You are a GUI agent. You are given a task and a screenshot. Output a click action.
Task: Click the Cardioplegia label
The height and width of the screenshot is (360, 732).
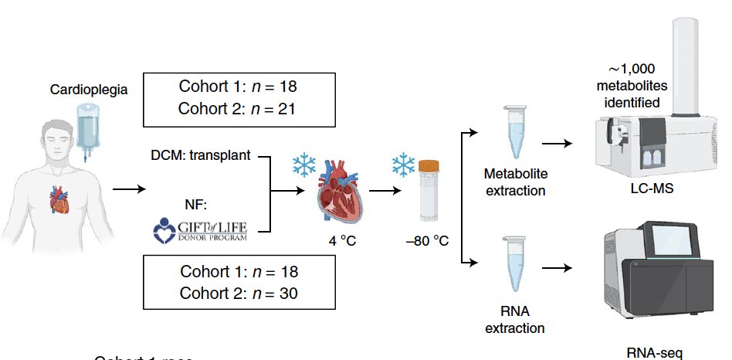88,90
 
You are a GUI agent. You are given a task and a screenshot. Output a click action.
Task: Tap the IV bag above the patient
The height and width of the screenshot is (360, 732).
87,124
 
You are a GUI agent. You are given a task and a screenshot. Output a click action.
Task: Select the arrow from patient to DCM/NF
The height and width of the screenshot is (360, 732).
128,188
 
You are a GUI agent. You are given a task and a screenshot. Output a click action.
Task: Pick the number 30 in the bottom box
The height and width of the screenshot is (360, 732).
286,294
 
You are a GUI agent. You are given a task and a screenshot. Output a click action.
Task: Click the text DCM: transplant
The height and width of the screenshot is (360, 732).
200,155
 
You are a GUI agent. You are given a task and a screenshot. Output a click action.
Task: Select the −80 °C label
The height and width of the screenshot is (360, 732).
427,241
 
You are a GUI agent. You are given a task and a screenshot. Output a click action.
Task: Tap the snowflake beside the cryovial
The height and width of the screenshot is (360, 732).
403,163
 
